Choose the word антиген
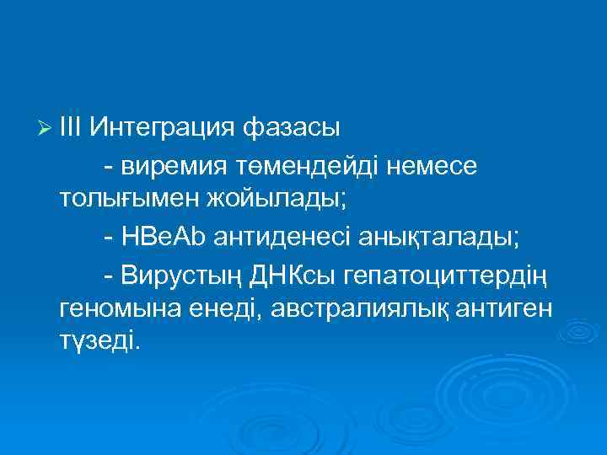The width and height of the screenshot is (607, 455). coord(505,309)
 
